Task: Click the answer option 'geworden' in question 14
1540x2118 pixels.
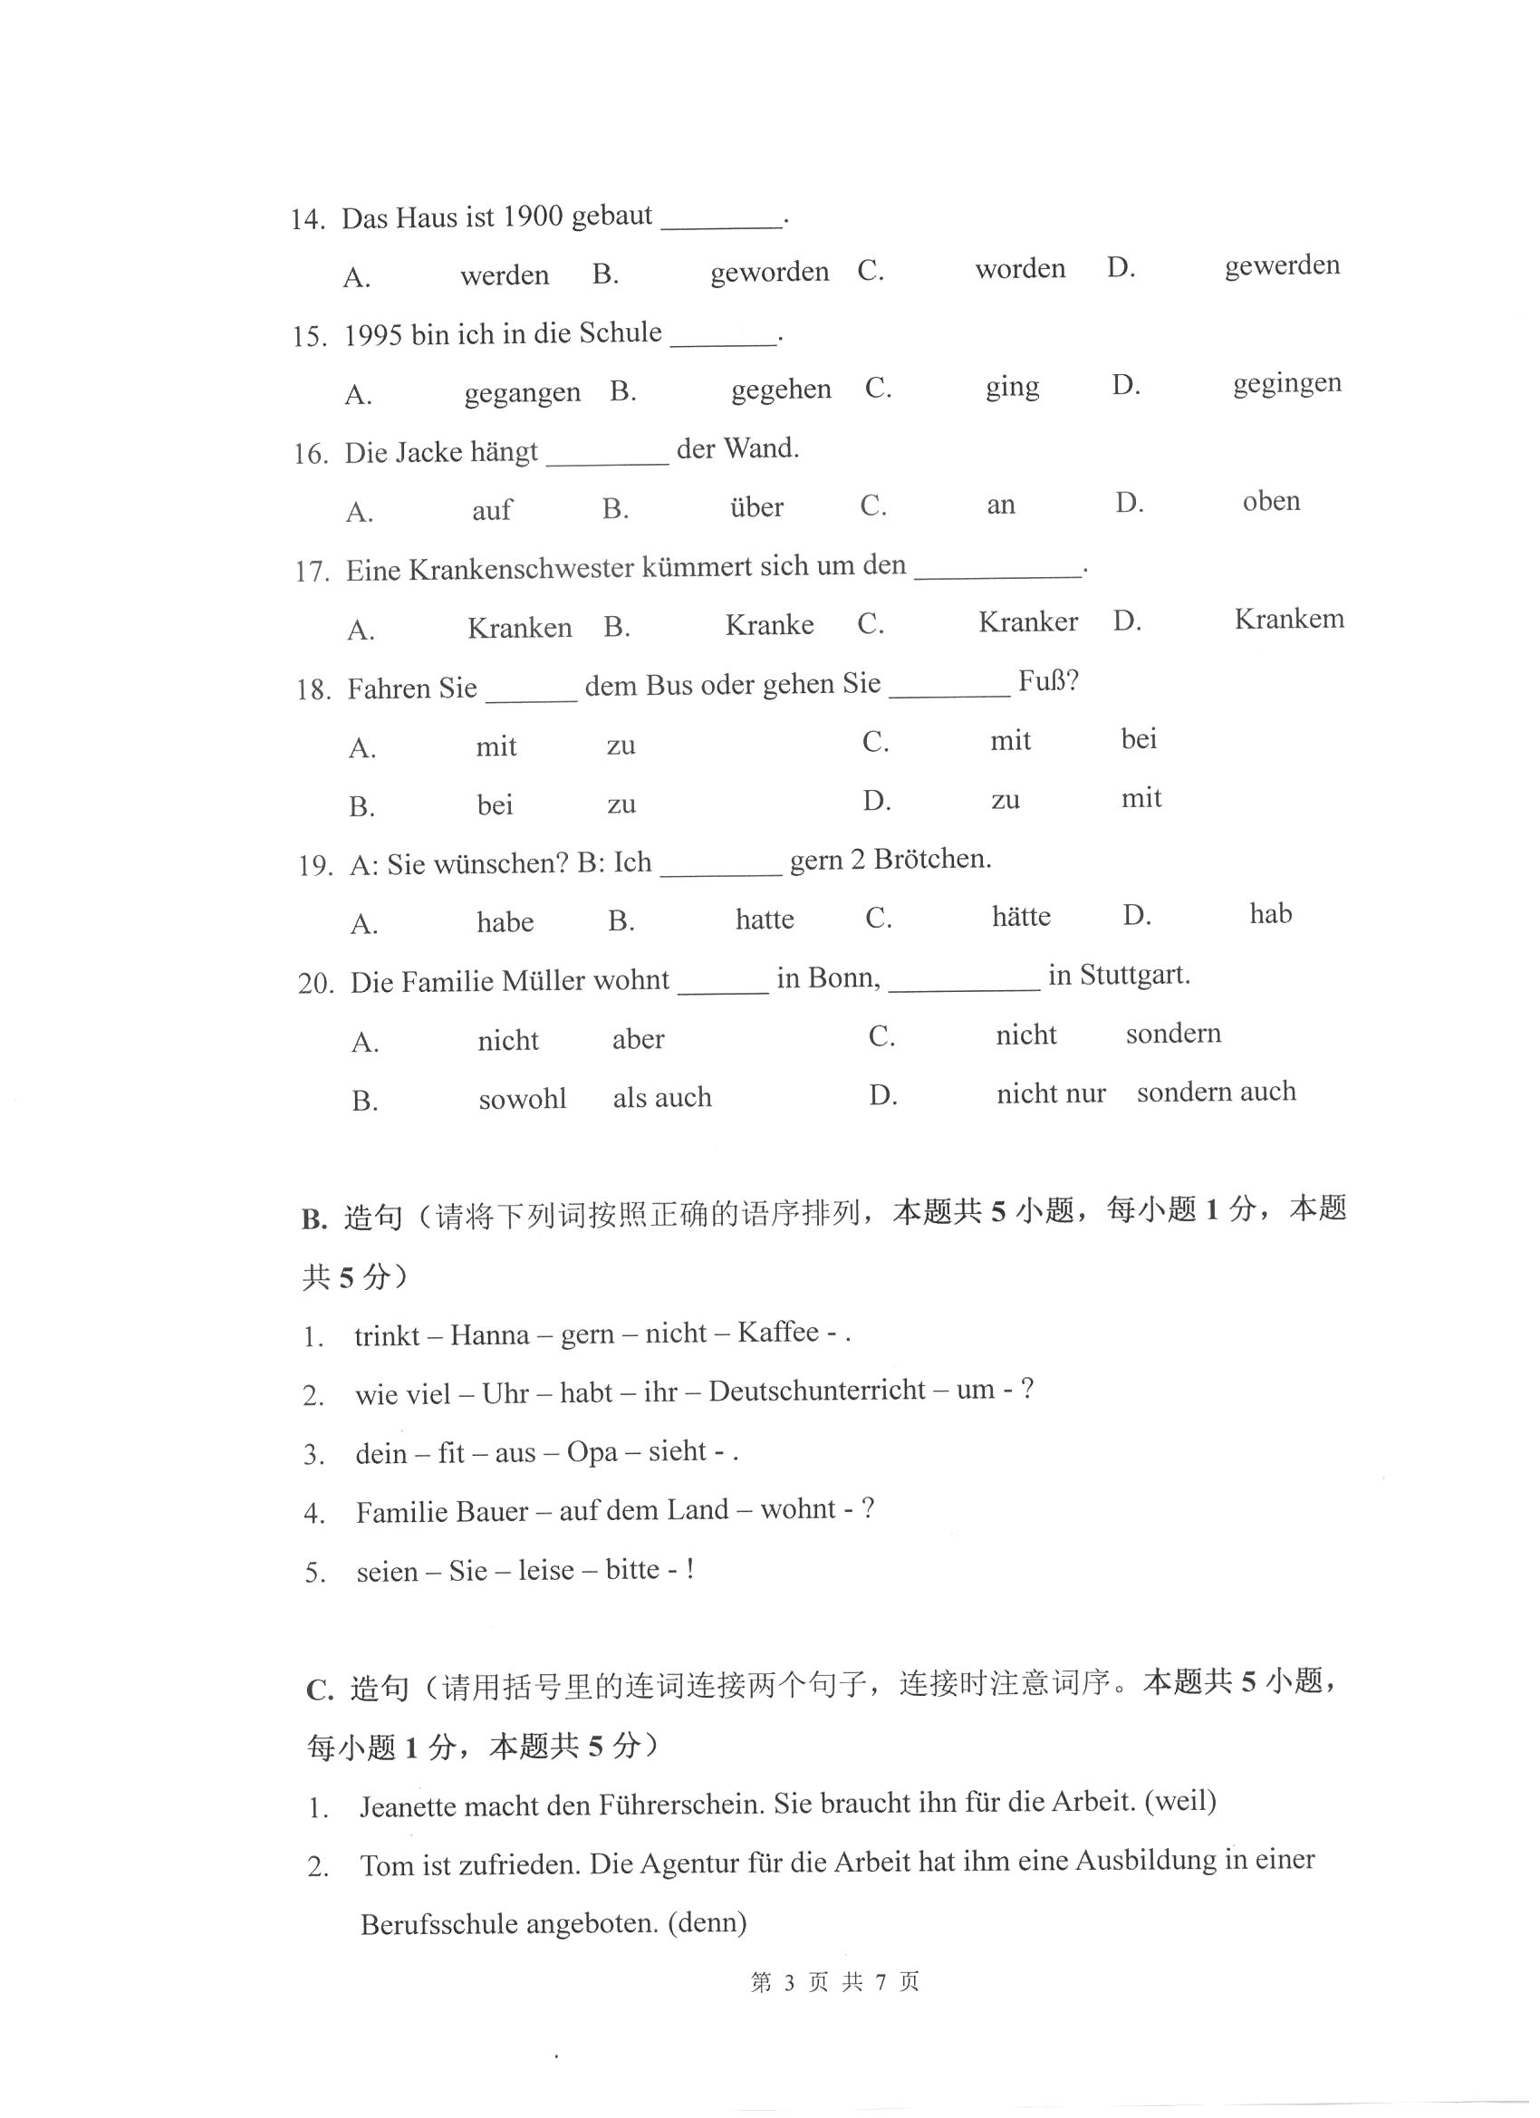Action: pos(768,272)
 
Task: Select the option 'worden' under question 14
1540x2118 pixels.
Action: pos(1020,269)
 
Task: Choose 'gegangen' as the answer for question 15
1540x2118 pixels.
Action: pos(522,392)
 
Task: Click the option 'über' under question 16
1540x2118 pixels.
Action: pos(756,507)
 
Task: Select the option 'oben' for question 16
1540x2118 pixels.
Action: pos(1270,502)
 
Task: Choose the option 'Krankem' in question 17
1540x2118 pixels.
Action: pos(1289,619)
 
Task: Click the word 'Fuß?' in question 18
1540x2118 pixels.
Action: pos(1048,681)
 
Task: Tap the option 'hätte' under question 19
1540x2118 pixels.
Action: pos(1021,916)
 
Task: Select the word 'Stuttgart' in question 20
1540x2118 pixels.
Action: pos(1134,976)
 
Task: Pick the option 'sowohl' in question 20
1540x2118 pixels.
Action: pos(522,1099)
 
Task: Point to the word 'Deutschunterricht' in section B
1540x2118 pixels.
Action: pos(816,1391)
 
